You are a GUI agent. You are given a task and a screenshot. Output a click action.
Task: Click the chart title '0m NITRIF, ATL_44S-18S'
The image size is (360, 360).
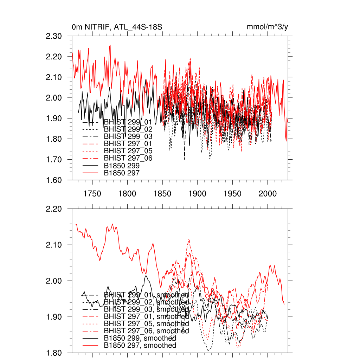click(x=117, y=27)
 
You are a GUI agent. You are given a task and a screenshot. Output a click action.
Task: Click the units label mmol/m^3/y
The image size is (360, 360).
click(x=268, y=27)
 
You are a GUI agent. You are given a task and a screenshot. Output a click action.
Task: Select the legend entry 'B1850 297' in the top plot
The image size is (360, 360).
click(x=122, y=173)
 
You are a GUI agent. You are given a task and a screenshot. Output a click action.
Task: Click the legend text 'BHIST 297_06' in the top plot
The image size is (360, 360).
click(x=128, y=158)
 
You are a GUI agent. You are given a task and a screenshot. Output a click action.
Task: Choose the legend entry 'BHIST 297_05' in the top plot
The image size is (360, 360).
click(x=128, y=151)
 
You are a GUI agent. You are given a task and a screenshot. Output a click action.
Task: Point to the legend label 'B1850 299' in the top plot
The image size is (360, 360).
click(x=122, y=166)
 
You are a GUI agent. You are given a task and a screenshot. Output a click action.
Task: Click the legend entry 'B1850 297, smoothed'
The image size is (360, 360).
click(x=140, y=346)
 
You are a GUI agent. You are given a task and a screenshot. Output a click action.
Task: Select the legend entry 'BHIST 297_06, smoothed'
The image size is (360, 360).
click(x=146, y=331)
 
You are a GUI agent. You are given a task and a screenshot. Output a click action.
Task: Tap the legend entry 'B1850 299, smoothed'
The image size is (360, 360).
click(x=140, y=338)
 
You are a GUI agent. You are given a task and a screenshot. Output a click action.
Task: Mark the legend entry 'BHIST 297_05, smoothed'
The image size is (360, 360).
click(x=146, y=323)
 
